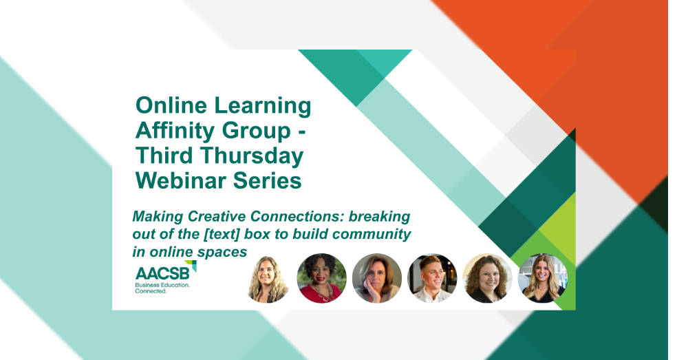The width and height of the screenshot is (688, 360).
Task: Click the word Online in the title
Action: (x=171, y=105)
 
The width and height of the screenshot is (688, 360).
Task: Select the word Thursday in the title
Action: (x=252, y=156)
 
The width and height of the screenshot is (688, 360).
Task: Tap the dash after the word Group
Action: (x=301, y=133)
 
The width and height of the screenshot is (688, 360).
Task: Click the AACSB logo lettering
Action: (x=162, y=273)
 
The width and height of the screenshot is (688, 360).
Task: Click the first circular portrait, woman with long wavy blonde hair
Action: (x=267, y=278)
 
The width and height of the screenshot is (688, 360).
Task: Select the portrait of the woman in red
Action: (x=321, y=278)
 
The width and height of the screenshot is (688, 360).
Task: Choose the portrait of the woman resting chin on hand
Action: (x=377, y=278)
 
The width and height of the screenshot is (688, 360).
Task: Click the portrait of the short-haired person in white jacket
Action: (x=432, y=278)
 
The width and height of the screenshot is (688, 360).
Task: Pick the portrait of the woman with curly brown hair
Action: (x=488, y=278)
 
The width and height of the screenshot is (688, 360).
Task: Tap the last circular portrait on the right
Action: (x=543, y=278)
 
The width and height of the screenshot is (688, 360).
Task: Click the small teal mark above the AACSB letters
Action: (x=191, y=265)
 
